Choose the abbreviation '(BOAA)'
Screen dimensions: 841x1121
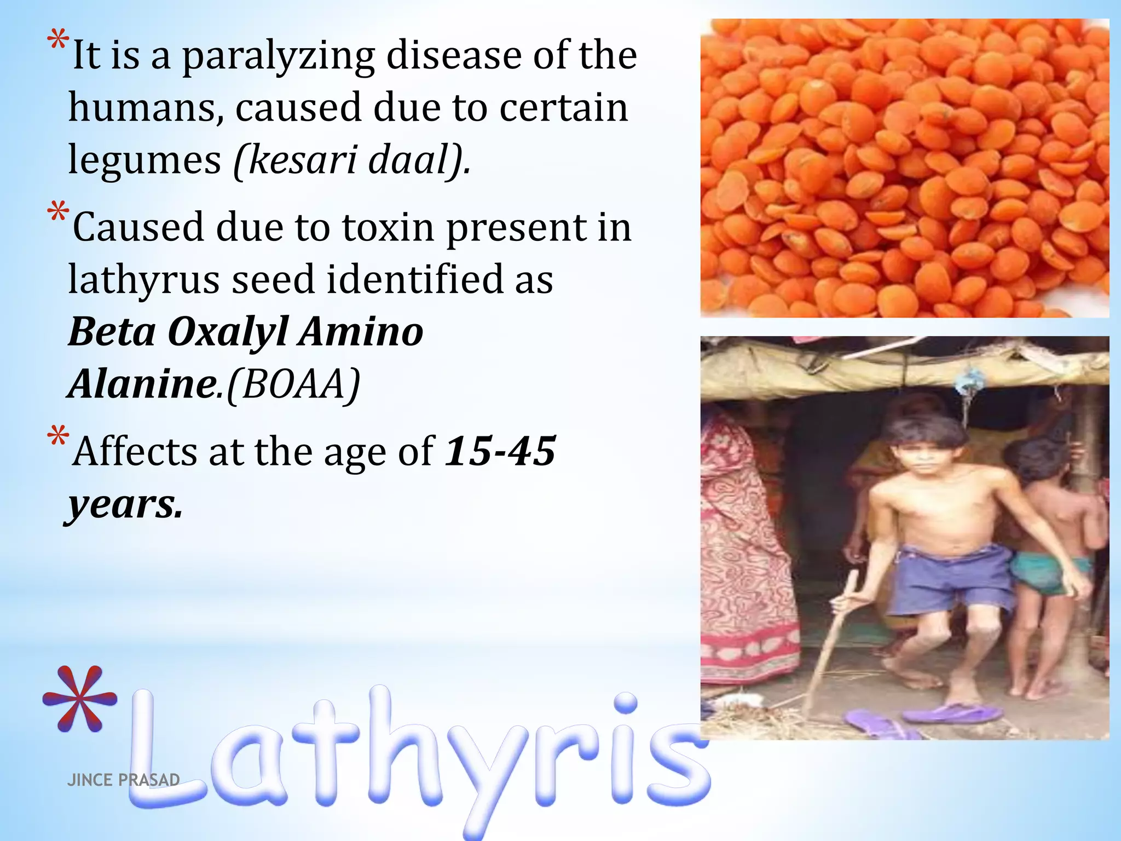pos(293,384)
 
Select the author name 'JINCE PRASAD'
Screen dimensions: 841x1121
pos(123,780)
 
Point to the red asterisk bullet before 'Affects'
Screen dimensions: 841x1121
pos(58,437)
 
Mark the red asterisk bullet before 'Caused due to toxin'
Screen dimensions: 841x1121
pos(58,213)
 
